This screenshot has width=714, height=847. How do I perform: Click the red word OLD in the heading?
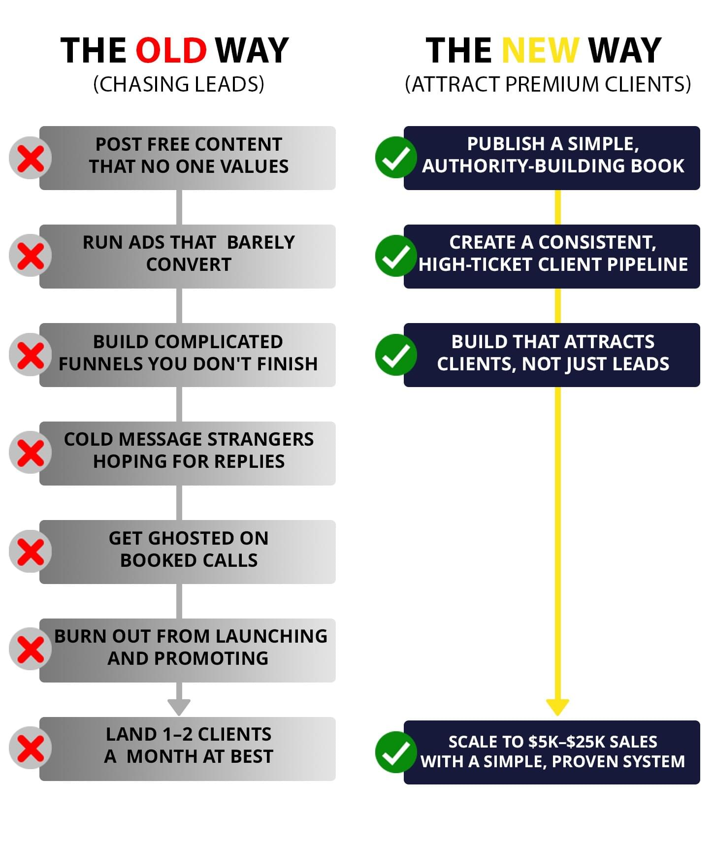pos(171,51)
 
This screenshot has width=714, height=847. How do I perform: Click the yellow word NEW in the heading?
pos(540,51)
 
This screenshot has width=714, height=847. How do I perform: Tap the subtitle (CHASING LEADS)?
pos(179,84)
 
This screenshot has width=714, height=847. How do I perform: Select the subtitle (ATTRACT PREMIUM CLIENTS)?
pos(548,84)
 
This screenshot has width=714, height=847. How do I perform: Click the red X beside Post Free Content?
pos(31,158)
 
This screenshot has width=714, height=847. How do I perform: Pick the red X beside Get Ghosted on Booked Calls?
pos(31,552)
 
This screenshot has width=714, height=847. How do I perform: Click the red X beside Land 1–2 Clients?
pos(31,748)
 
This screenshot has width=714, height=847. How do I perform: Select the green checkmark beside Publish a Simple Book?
pos(396,158)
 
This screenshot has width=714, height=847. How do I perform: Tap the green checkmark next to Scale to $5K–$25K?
pos(396,752)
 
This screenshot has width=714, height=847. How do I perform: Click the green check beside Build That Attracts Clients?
pos(396,355)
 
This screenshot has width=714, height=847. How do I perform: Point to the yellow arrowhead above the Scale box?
pos(557,707)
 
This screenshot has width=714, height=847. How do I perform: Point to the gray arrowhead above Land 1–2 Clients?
pos(179,707)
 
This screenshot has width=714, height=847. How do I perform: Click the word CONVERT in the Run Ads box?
pos(189,265)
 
